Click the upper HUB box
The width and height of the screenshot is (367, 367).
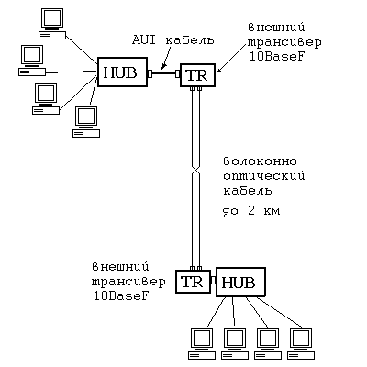click(122, 72)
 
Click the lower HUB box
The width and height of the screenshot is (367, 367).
click(240, 282)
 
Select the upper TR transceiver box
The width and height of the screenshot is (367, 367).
click(197, 74)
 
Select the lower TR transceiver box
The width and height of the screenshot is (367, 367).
click(194, 282)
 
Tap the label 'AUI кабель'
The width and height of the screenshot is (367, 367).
click(173, 40)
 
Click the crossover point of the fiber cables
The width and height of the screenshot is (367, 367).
click(195, 172)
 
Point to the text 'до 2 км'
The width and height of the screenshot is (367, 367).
click(251, 211)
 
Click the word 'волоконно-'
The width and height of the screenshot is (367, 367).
click(265, 161)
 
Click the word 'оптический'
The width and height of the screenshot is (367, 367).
click(264, 176)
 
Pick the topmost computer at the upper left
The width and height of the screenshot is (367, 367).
click(52, 24)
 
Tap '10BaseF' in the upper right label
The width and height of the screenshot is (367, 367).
click(277, 57)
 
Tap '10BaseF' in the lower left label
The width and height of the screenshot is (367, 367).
click(121, 296)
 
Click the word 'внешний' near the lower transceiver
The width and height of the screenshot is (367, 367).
click(120, 267)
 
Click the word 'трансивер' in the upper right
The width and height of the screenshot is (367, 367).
click(284, 42)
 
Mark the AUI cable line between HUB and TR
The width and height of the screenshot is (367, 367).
click(164, 73)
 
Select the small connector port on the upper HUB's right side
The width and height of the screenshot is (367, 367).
click(150, 73)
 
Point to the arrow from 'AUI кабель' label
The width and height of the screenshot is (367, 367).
click(169, 57)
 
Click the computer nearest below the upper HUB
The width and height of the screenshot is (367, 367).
click(86, 122)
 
